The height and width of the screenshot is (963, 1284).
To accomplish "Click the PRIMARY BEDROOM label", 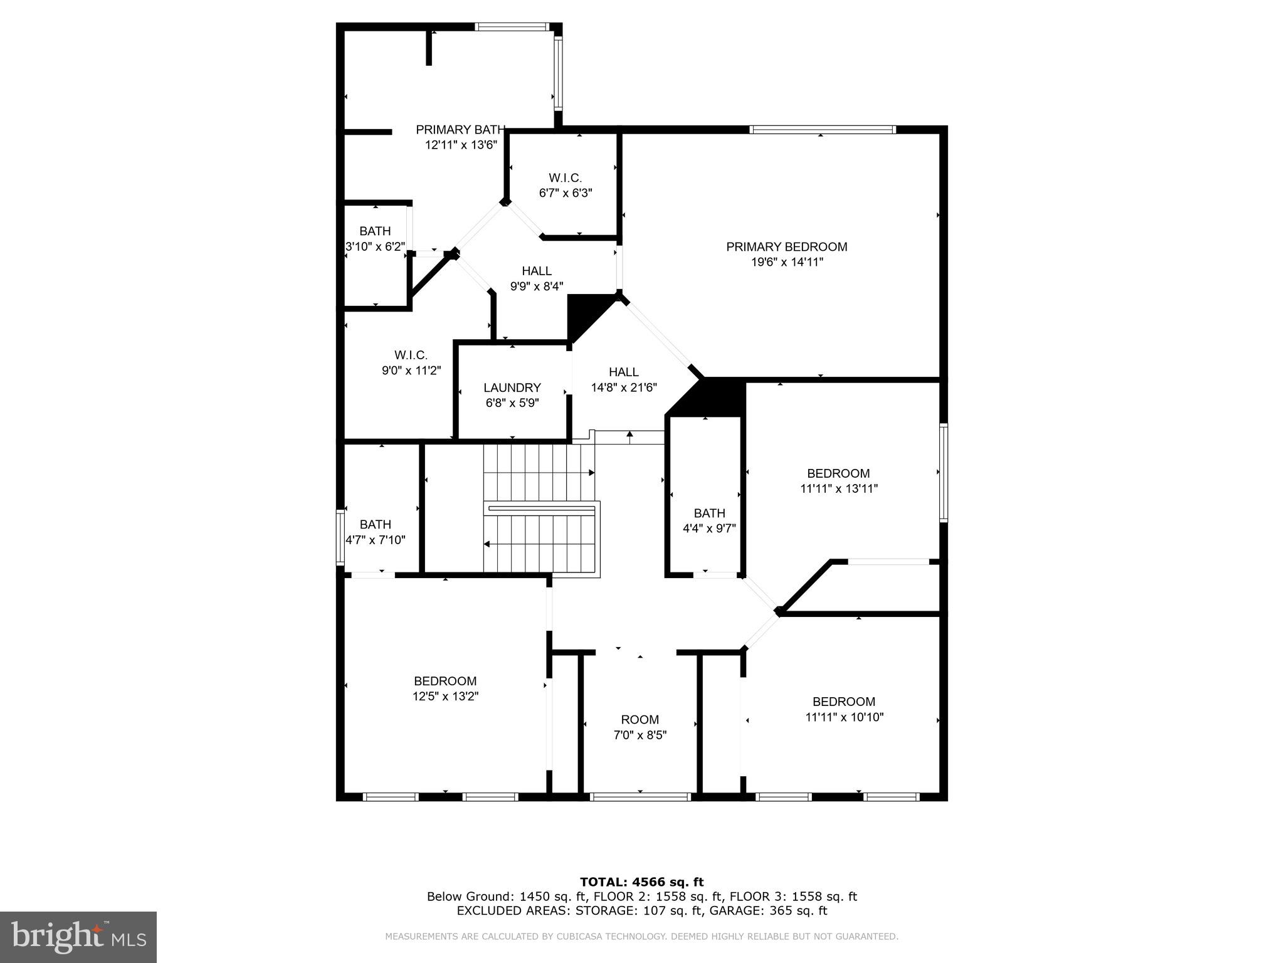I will [x=786, y=247].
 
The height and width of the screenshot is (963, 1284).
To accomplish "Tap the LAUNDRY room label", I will [x=512, y=388].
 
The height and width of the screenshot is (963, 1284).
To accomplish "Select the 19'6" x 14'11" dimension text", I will [x=786, y=262].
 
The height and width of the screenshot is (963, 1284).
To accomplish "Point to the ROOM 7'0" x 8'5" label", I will [x=639, y=720].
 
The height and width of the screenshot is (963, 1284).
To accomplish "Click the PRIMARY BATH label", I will [x=460, y=130].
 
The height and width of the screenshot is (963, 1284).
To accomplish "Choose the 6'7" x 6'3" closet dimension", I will [x=565, y=193].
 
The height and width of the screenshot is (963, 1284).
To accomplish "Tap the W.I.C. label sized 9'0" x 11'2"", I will [x=411, y=355].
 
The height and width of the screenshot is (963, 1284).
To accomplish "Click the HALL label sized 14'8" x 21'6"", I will [x=623, y=372].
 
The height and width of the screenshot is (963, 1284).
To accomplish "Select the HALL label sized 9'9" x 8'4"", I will [x=537, y=271].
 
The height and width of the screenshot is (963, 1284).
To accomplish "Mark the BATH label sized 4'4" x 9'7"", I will [x=709, y=513].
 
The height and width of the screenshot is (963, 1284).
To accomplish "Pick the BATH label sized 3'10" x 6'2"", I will [x=375, y=231].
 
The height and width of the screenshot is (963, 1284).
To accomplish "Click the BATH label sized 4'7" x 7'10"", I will [x=375, y=525].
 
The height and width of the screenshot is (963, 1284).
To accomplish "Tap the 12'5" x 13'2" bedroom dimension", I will [x=445, y=696].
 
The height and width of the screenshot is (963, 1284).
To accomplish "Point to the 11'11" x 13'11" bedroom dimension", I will [x=838, y=488].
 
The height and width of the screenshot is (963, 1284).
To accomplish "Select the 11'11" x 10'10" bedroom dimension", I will [x=844, y=717].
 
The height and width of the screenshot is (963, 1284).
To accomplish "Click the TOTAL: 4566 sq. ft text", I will [x=641, y=882].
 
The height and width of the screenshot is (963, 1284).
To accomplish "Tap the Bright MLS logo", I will [x=78, y=937].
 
